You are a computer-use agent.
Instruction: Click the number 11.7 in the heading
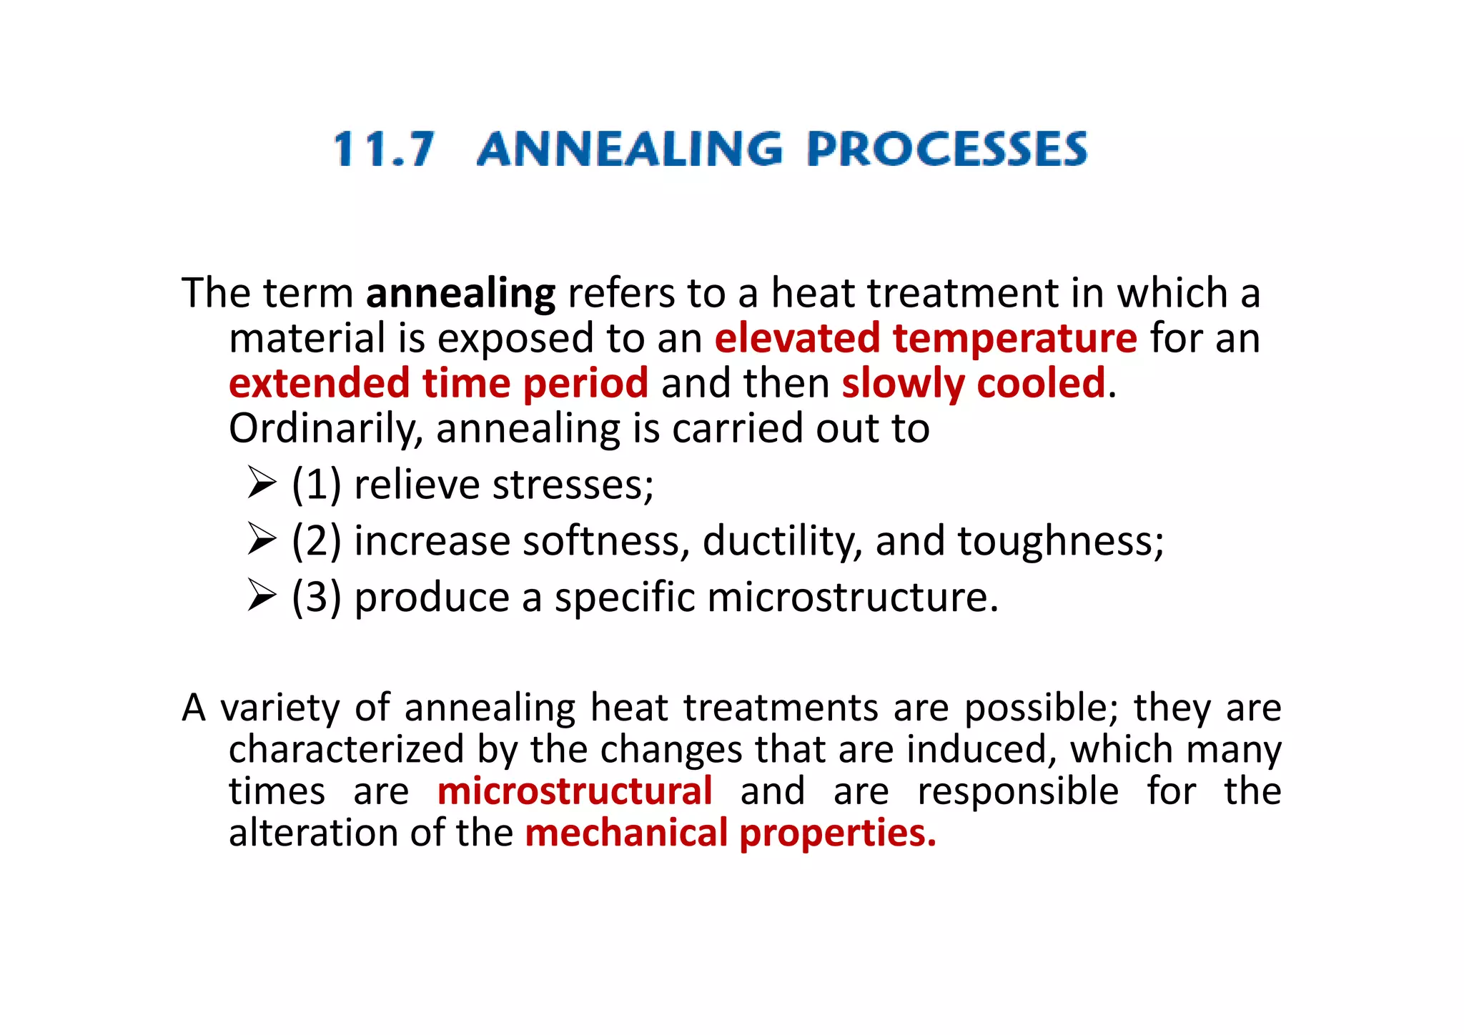click(384, 149)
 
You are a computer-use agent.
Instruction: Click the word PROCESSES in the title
click(947, 149)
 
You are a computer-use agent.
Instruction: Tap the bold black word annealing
click(460, 294)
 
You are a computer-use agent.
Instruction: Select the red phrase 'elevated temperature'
click(926, 339)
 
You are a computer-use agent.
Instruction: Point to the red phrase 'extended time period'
click(438, 384)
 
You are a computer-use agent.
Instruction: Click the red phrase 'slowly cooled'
click(974, 384)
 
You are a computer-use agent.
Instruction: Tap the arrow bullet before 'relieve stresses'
click(262, 484)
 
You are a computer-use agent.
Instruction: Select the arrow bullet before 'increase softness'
click(262, 540)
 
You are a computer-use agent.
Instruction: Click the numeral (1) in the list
click(316, 485)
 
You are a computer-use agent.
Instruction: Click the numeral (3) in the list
click(316, 598)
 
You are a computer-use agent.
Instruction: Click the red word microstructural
click(575, 791)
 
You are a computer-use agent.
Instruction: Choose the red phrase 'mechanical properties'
click(730, 833)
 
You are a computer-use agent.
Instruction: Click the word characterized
click(347, 750)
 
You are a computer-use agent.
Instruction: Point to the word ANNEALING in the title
click(630, 149)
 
